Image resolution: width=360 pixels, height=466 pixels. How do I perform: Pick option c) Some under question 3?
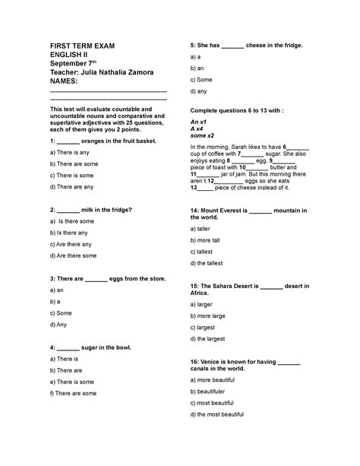[63, 313]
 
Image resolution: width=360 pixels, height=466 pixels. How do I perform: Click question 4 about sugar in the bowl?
[90, 347]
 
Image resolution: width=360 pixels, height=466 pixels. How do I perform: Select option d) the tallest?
[213, 262]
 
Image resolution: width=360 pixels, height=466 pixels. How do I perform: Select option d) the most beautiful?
[222, 414]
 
